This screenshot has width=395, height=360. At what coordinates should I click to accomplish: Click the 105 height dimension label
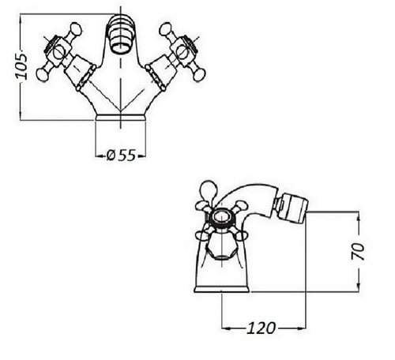click(21, 66)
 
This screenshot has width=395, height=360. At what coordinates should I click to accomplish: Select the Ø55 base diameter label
click(121, 156)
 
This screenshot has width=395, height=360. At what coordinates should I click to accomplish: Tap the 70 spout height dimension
click(358, 251)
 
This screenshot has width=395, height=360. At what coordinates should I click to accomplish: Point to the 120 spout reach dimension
click(261, 328)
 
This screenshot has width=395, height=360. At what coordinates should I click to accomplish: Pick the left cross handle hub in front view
click(58, 52)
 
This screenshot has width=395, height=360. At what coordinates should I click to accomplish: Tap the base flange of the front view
click(121, 118)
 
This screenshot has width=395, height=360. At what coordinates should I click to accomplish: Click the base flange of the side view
click(222, 289)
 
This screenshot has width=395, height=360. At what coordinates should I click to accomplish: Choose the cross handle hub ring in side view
click(220, 217)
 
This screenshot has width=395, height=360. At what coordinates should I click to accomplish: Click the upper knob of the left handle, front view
click(75, 28)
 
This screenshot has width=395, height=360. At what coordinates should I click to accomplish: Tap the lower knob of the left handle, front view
click(42, 75)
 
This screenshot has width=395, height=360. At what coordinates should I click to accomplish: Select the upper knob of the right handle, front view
click(166, 28)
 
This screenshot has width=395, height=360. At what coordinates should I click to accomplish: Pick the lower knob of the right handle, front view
click(199, 75)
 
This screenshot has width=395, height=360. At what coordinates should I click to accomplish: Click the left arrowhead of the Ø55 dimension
click(100, 156)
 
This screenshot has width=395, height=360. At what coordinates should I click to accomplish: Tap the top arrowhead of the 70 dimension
click(358, 216)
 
